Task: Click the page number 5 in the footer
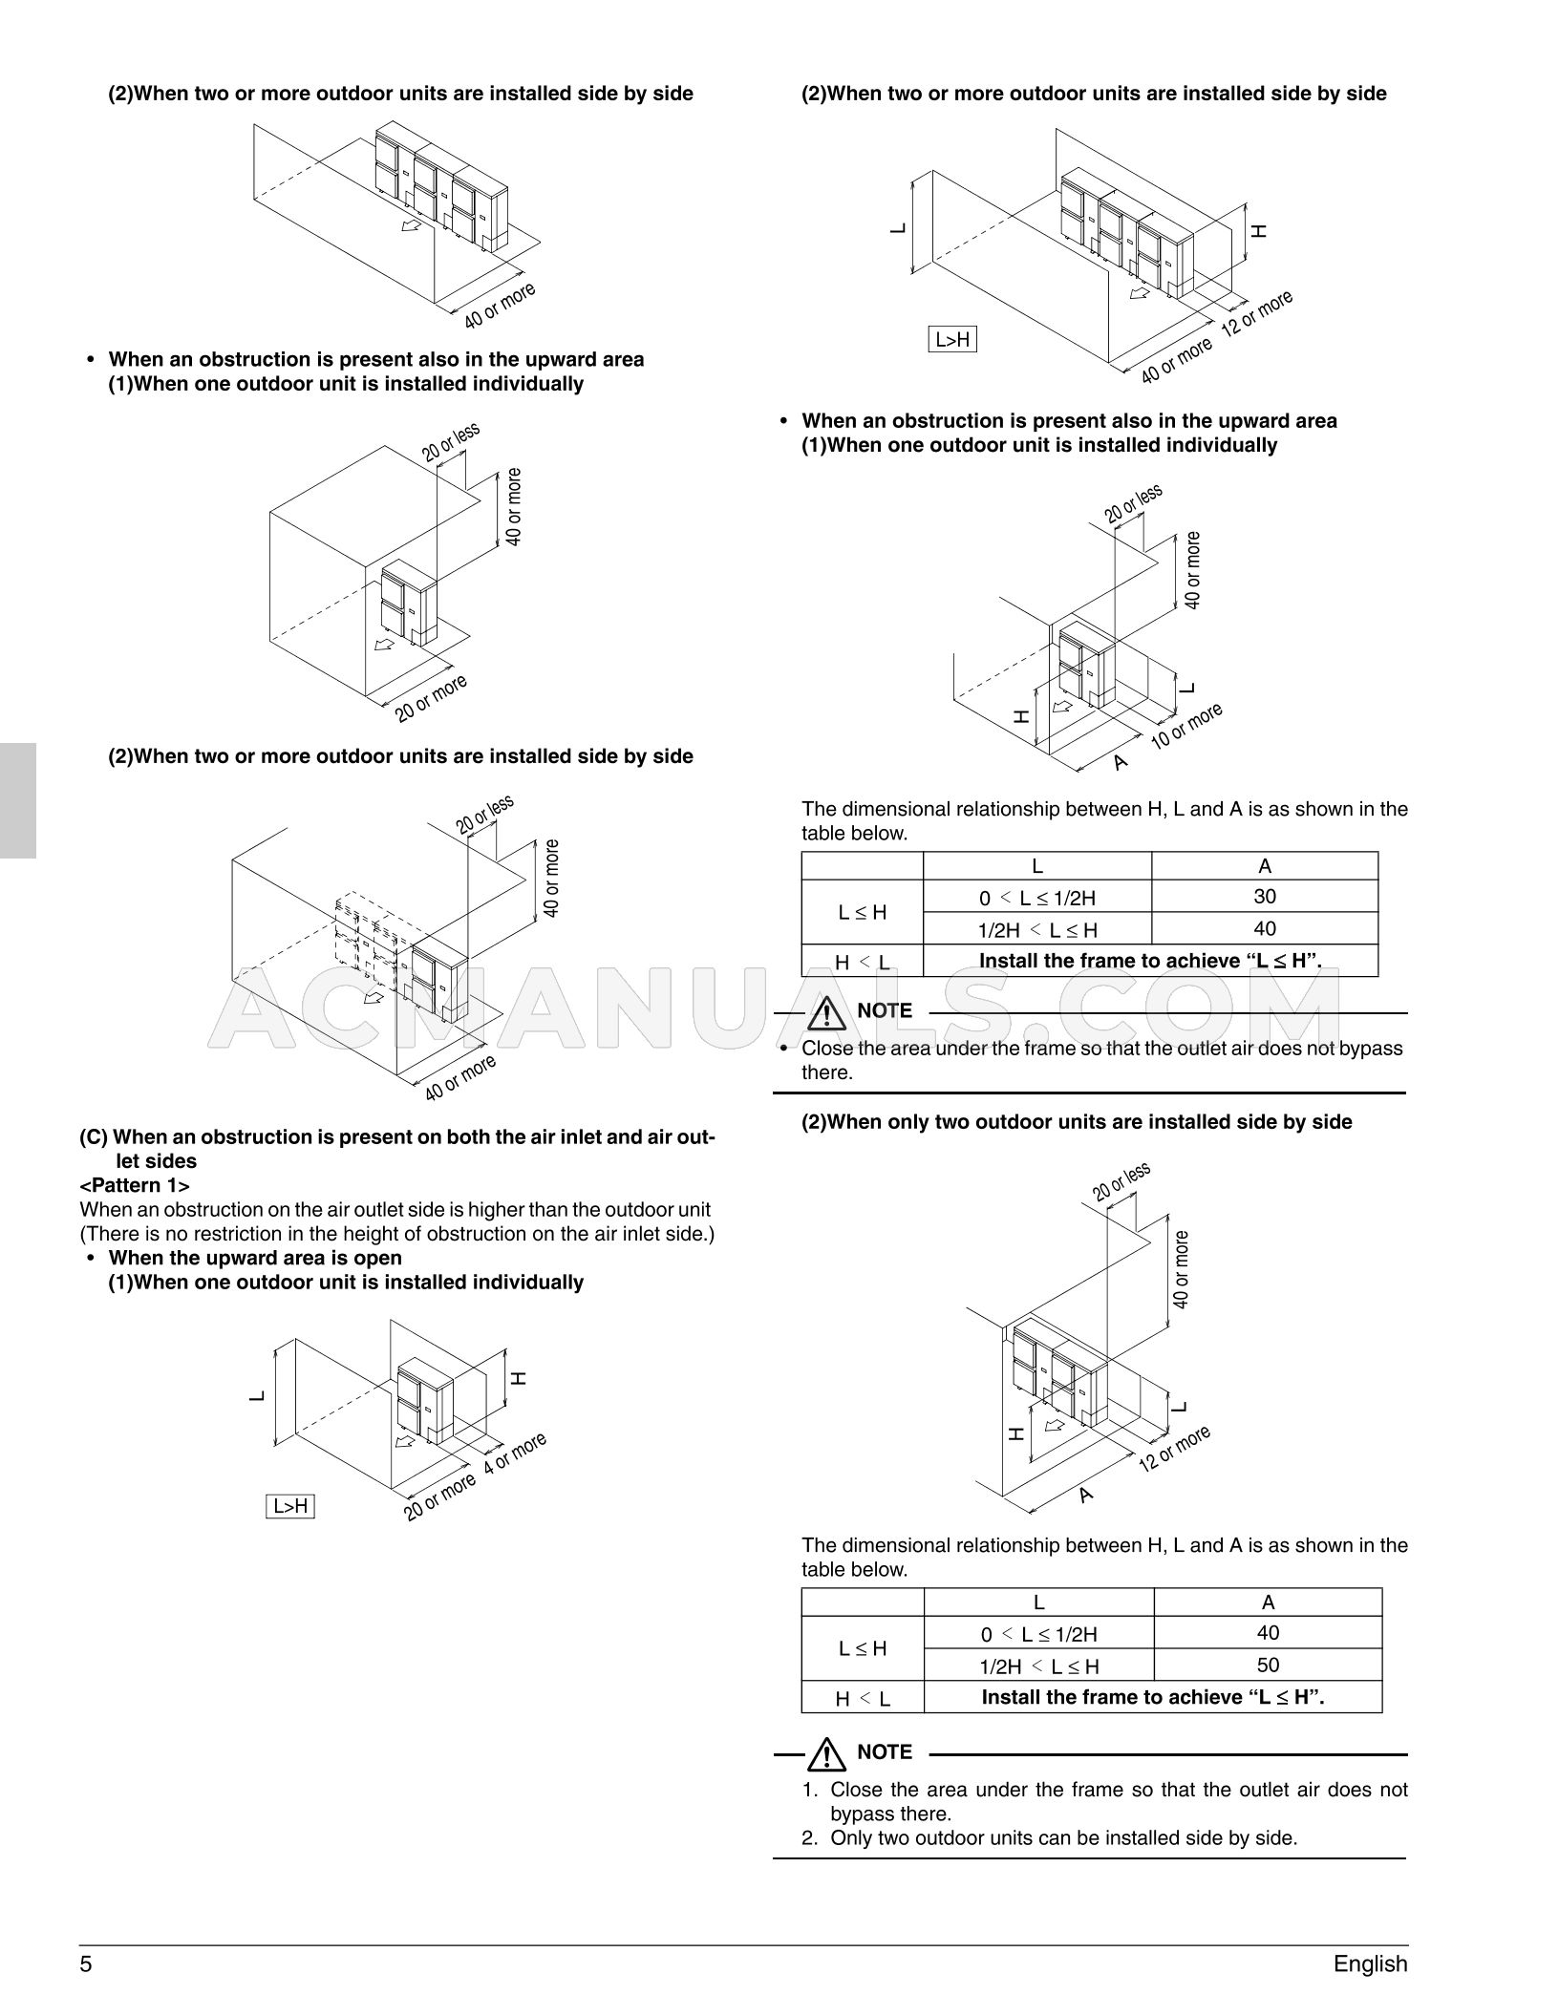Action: (x=86, y=1963)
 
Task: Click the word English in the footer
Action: (x=1370, y=1963)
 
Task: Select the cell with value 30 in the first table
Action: (x=1265, y=896)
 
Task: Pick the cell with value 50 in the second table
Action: (x=1268, y=1665)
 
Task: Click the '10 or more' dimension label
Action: (x=1186, y=727)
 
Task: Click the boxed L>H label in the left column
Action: (x=290, y=1506)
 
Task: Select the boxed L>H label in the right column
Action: (x=952, y=339)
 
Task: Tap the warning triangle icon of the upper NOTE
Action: (x=826, y=1011)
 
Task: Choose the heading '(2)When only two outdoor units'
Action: (x=1076, y=1121)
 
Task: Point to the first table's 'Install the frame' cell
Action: (x=1150, y=961)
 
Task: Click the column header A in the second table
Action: (x=1268, y=1602)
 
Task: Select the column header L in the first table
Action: (x=1036, y=866)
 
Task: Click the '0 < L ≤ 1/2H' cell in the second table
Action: (x=1038, y=1634)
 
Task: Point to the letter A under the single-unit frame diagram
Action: (x=1121, y=762)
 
